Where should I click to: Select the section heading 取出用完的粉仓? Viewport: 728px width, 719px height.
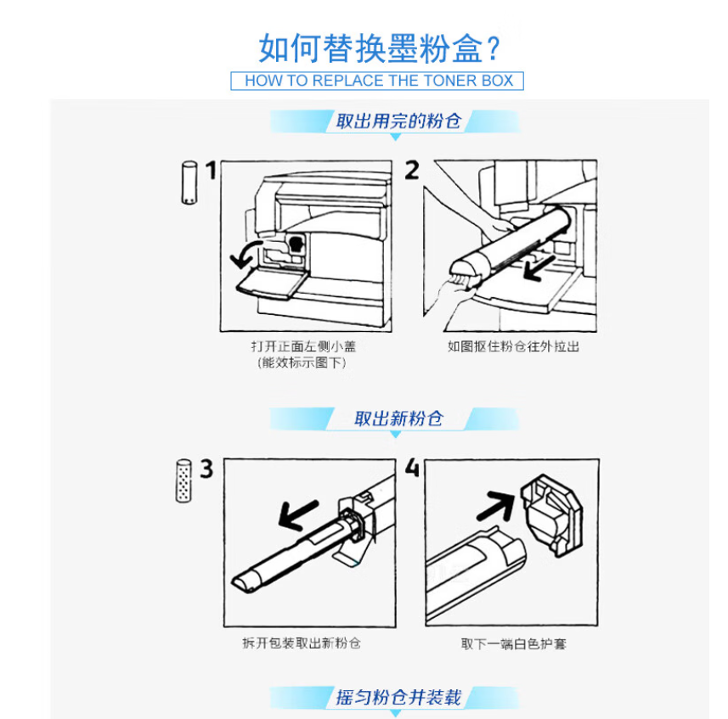[398, 121]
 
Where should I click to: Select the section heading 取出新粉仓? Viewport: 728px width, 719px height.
[398, 418]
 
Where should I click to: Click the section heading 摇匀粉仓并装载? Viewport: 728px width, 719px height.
[398, 698]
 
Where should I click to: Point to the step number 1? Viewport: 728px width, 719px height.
[212, 171]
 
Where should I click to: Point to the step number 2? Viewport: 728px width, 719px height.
[412, 171]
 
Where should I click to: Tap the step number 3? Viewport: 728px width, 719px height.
[206, 469]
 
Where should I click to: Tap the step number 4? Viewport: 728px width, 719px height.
[412, 468]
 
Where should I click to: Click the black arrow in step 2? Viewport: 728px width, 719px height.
[539, 269]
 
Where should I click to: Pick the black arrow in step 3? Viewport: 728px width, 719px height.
[298, 514]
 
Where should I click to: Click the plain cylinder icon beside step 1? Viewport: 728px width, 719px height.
[189, 183]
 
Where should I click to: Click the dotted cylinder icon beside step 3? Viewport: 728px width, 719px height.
[183, 480]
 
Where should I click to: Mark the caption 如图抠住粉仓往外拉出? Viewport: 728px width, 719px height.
[513, 346]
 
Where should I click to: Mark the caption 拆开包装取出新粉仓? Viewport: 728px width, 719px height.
[302, 643]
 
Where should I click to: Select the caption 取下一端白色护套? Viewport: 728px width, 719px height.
[513, 643]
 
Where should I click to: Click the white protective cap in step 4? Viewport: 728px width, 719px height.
[551, 514]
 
